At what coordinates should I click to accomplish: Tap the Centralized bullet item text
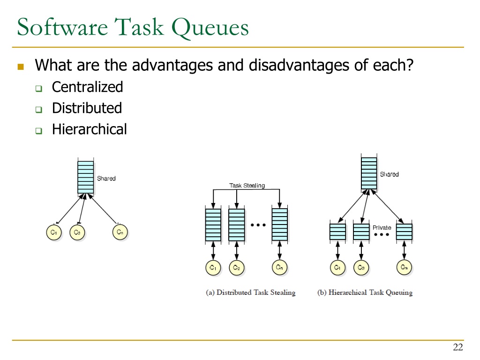point(87,87)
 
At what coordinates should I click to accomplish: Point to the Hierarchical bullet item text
point(89,129)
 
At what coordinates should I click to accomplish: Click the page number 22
point(458,347)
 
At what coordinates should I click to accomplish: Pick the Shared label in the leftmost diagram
point(106,179)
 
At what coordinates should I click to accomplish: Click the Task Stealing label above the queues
point(247,186)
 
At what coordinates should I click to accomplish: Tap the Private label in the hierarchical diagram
point(382,228)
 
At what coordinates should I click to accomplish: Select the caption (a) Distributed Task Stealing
point(251,292)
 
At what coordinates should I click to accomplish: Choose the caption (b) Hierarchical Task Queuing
point(365,292)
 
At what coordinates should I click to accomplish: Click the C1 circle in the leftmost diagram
point(54,232)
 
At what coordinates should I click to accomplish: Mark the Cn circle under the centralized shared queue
point(120,232)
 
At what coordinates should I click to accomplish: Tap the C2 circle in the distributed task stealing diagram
point(237,268)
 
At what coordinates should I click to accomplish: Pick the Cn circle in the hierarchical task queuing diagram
point(404,268)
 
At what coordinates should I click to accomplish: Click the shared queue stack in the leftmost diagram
point(86,177)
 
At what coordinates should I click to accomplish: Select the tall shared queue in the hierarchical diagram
point(369,173)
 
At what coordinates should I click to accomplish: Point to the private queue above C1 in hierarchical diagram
point(337,232)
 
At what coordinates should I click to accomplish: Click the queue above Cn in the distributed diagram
point(279,225)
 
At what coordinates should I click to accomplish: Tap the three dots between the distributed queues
point(258,225)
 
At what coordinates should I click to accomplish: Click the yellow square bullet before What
point(20,66)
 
